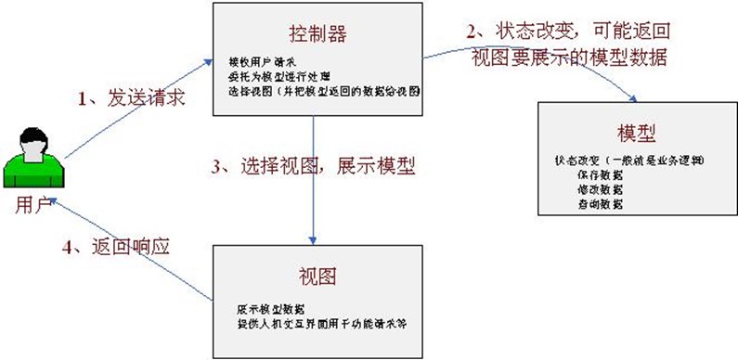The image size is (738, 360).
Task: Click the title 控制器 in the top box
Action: tap(318, 34)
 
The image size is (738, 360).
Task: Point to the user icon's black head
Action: tap(29, 146)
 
